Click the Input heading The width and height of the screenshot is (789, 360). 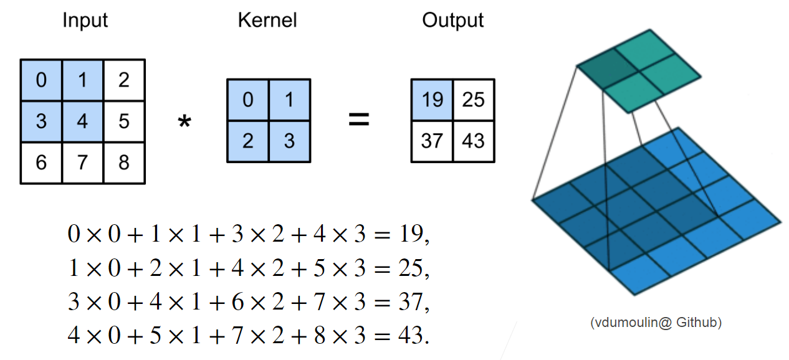coord(85,20)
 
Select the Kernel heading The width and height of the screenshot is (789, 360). coord(267,20)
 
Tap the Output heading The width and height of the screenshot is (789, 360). coord(452,20)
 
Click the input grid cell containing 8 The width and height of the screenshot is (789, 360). coord(123,163)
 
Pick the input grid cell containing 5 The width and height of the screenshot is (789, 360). coord(123,121)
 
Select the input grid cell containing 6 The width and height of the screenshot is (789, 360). coord(41,163)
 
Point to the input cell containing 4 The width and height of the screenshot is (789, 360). coord(82,121)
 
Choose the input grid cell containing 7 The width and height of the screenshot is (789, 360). coord(82,163)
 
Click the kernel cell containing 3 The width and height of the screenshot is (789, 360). coord(289,141)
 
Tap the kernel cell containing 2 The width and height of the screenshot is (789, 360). coord(247,141)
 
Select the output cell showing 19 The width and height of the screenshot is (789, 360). coord(432,99)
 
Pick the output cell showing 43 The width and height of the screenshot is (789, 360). coord(473,141)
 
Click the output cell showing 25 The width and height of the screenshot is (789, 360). coord(473,99)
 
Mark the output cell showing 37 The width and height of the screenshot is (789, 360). coord(432,141)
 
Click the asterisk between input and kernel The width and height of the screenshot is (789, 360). coord(184,122)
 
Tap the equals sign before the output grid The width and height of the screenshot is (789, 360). coord(358,120)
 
